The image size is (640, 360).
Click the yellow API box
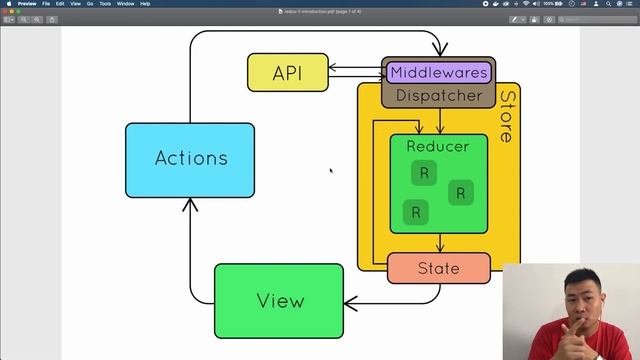coord(287,73)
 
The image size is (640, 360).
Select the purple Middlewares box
coord(438,72)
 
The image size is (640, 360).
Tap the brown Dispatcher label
coord(438,96)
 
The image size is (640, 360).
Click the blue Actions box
coord(190,159)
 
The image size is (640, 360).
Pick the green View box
coord(279,301)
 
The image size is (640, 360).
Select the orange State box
coord(438,268)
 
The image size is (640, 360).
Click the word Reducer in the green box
coord(437,147)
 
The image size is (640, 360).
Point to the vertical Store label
coord(507,117)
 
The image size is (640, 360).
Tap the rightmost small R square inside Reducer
coord(460,193)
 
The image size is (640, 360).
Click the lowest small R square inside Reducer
coord(415,212)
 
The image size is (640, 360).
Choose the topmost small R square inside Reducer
coord(423,173)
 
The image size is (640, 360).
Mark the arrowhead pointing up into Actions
coord(190,204)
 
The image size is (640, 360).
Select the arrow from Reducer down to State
coord(439,243)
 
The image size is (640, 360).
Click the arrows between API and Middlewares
coord(355,70)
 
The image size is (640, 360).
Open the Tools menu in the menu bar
coord(104,4)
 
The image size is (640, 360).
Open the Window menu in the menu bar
coord(126,4)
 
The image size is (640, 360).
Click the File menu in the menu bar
coord(46,4)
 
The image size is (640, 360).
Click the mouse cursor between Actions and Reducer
coord(331,171)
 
